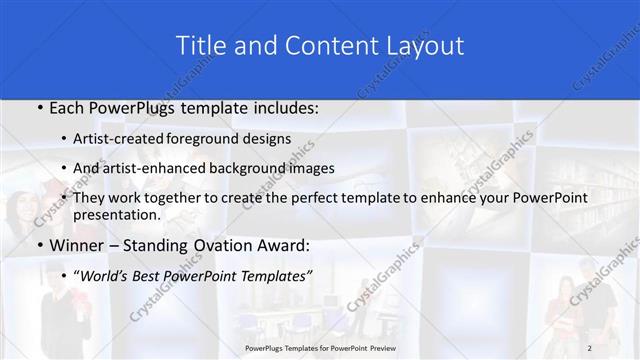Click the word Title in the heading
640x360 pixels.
tap(200, 46)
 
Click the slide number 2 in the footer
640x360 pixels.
tap(590, 347)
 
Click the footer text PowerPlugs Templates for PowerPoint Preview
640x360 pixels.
tap(320, 347)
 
